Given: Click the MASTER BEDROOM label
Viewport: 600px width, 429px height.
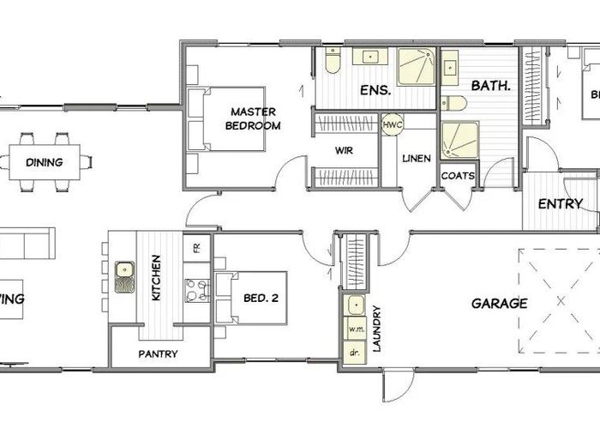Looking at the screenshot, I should pos(253,118).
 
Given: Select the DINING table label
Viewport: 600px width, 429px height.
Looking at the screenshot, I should pos(44,161).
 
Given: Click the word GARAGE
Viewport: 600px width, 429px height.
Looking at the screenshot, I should pos(498,303).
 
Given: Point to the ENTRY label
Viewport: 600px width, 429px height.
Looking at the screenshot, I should pos(560,204).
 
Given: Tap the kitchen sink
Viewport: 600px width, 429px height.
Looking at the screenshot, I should pos(125,277).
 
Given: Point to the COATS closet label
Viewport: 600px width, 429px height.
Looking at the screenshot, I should pos(457,176).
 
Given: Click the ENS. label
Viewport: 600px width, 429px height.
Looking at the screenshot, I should pos(376,89).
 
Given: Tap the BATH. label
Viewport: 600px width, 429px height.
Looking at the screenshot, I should pos(491,86).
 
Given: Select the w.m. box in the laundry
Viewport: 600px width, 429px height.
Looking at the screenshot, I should pos(354,329).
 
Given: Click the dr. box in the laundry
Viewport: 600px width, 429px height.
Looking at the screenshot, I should pos(353,353).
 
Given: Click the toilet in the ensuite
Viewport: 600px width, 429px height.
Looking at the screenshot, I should pos(333,59).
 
